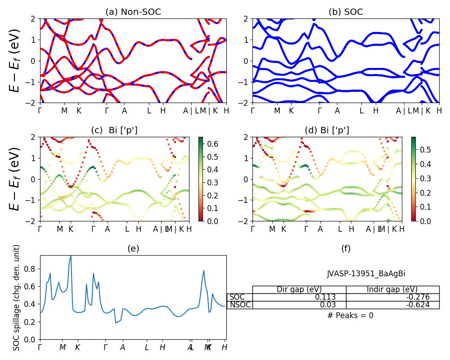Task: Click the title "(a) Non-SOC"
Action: pos(133,12)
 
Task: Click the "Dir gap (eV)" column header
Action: pos(300,289)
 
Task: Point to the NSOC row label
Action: pos(240,305)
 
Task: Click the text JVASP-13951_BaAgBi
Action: pos(366,274)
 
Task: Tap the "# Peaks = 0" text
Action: pos(350,315)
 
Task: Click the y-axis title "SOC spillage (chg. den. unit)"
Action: pos(17,297)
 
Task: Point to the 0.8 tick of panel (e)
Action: pos(31,269)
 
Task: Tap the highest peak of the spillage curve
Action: pos(71,256)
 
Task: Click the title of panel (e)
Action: pos(133,249)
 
